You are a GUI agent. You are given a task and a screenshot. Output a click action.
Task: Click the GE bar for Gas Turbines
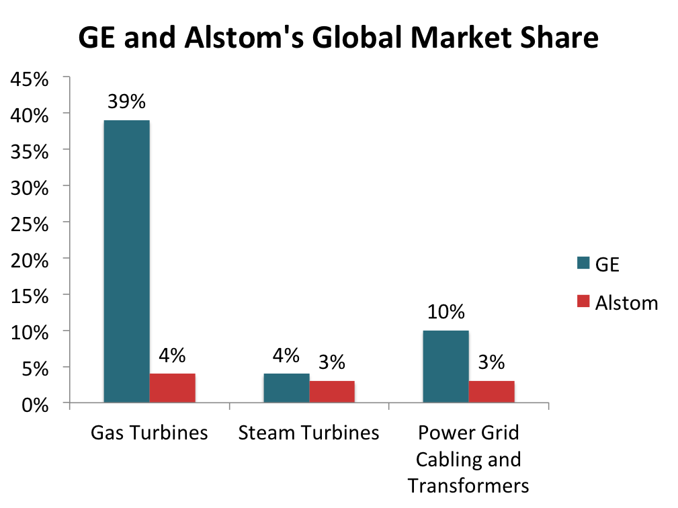click(126, 262)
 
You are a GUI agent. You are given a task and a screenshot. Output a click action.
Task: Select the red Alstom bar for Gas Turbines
click(172, 388)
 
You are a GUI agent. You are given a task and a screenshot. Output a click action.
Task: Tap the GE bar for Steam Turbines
click(286, 388)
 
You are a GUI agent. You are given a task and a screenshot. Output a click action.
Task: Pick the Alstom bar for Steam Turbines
click(332, 392)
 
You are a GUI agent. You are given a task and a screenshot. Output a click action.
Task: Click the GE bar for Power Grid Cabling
click(446, 367)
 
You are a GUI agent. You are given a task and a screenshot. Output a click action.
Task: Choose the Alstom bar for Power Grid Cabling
click(491, 392)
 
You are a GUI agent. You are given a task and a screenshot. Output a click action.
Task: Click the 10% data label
click(446, 312)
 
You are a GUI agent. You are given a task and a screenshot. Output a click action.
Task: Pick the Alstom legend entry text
click(626, 302)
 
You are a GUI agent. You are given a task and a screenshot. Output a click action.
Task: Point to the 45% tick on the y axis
click(30, 79)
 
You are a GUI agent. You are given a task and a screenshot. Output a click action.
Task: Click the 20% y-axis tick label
click(30, 259)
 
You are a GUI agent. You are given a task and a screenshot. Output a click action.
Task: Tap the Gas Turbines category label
click(149, 432)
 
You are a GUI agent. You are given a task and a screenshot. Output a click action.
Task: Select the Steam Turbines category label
click(309, 432)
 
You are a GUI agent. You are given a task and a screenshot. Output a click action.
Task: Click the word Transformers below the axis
click(468, 485)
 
